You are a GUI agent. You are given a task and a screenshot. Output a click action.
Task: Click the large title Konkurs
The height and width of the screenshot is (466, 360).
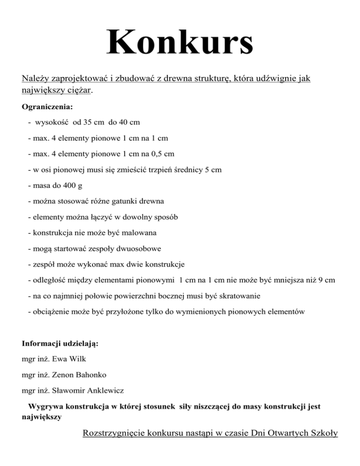(180, 43)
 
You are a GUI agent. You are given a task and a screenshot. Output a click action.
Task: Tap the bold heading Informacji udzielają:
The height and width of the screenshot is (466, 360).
(60, 344)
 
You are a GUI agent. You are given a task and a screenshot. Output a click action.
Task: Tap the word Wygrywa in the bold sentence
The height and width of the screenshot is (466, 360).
(46, 406)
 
